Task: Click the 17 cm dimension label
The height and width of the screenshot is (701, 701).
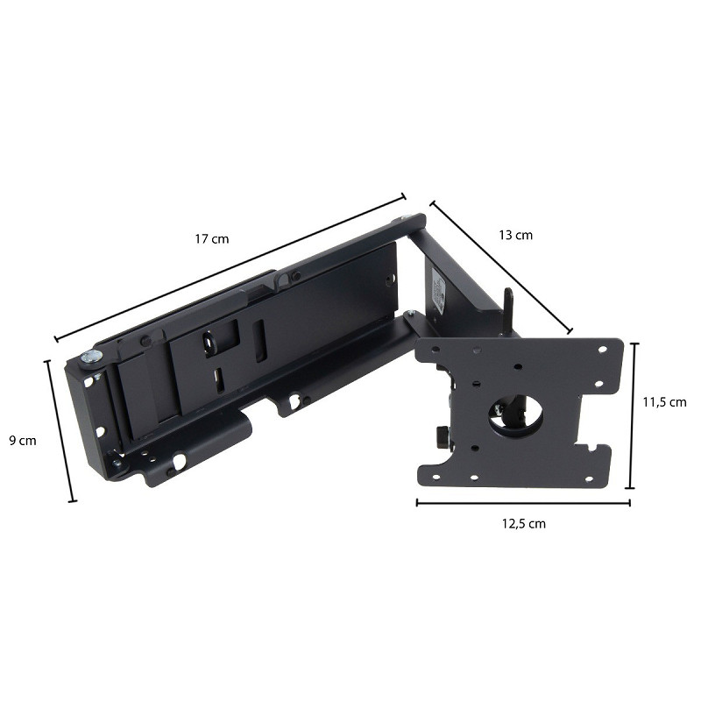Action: click(x=211, y=238)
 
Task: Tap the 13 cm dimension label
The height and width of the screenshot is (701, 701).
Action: click(x=515, y=235)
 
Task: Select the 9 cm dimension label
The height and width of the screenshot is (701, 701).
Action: click(x=23, y=441)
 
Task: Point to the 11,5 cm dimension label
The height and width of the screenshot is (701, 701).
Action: click(x=664, y=402)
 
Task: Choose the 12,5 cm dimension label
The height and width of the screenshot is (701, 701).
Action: click(x=523, y=523)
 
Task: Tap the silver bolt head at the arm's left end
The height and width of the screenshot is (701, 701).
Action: click(x=91, y=358)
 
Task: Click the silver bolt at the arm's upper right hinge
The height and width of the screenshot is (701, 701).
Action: click(x=406, y=217)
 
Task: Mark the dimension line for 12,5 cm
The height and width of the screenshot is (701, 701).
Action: click(x=523, y=502)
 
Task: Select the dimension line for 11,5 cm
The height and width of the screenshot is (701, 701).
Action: click(x=633, y=415)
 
